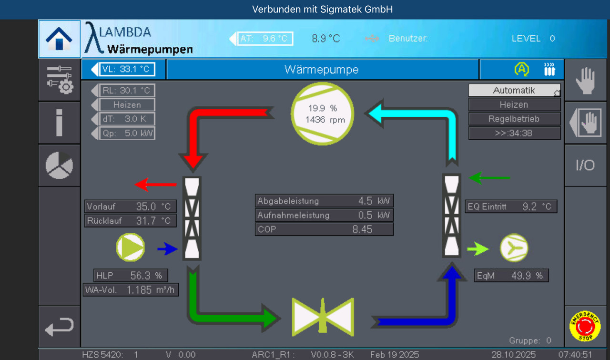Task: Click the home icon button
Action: point(59,39)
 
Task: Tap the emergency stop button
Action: point(585,326)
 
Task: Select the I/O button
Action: point(585,165)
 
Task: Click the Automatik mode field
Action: point(514,90)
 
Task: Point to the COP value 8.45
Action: point(362,229)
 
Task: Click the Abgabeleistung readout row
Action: point(325,201)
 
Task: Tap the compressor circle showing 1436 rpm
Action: point(323,113)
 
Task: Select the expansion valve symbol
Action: point(323,316)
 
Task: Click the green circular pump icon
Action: point(130,247)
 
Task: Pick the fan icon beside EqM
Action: point(514,248)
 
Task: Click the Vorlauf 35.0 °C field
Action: point(130,206)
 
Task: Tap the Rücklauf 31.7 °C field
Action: point(130,221)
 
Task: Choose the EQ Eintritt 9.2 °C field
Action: point(511,206)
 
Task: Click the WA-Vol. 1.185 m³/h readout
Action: point(131,289)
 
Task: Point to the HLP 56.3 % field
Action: point(131,275)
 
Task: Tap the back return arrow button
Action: point(59,327)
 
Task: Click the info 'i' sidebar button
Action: point(59,123)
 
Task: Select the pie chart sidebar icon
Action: point(59,165)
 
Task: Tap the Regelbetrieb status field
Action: point(514,119)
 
